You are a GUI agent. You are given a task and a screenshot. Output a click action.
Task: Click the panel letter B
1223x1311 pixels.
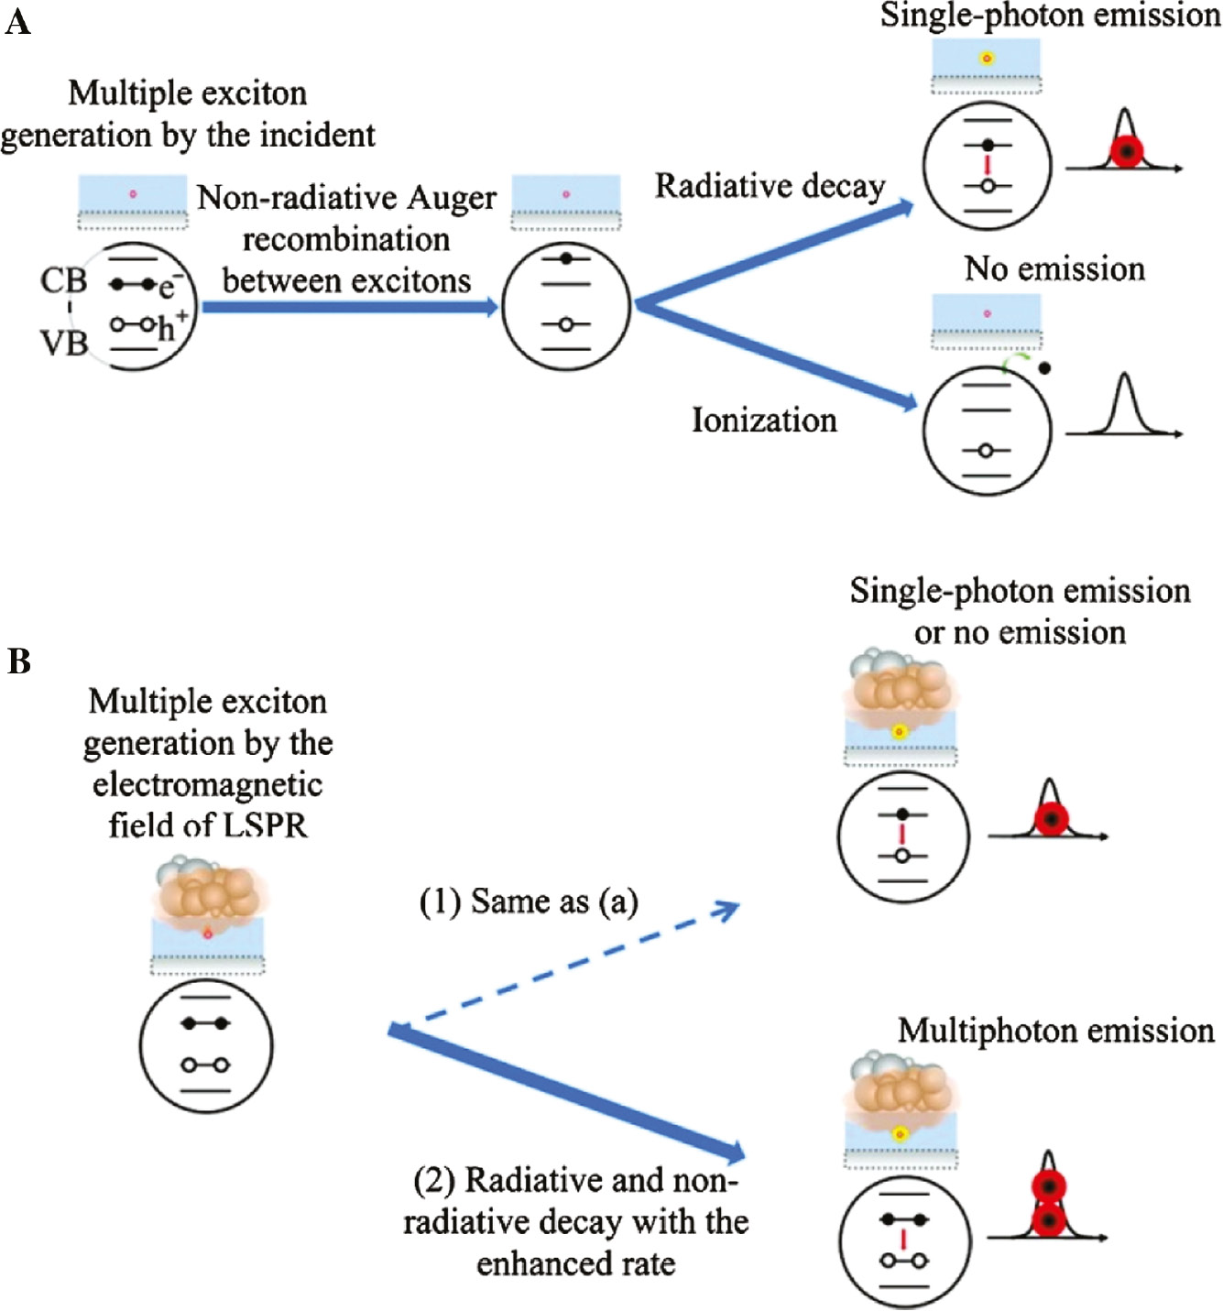click(18, 661)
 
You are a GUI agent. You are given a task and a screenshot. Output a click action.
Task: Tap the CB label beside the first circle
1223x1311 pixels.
click(63, 280)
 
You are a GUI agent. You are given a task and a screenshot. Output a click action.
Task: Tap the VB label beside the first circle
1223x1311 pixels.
click(63, 343)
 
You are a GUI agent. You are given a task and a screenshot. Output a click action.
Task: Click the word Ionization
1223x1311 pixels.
click(764, 421)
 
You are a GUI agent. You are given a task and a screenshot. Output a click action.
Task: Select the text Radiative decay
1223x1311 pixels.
click(770, 186)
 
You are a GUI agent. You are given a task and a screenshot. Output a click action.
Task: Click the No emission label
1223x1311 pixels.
click(1054, 269)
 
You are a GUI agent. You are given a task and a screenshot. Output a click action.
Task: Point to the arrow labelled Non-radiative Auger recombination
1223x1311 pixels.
click(348, 307)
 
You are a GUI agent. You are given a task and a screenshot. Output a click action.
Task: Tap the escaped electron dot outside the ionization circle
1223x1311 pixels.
click(1045, 368)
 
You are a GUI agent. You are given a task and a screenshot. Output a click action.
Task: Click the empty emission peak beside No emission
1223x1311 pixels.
click(1124, 408)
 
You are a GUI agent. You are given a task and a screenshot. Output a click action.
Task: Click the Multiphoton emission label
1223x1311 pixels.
click(1055, 1032)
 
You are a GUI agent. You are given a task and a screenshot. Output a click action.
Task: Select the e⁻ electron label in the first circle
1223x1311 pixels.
click(167, 288)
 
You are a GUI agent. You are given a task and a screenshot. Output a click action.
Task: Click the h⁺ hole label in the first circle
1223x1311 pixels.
click(170, 326)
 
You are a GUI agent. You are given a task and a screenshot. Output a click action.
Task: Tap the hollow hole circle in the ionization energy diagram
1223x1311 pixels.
click(986, 451)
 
